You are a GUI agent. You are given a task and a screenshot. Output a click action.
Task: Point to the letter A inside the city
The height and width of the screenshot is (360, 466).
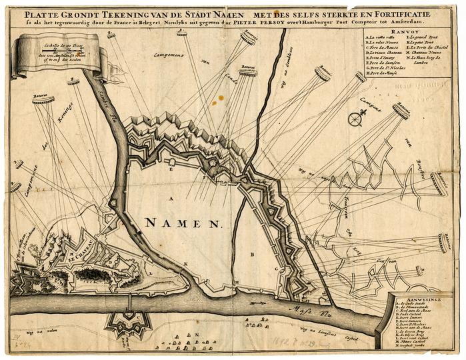pyautogui.click(x=171, y=199)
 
